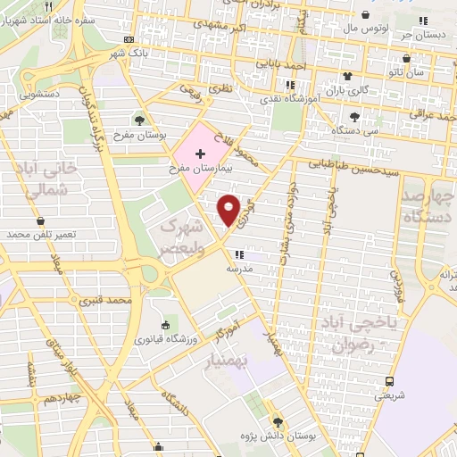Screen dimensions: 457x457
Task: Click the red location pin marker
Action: (x=228, y=209)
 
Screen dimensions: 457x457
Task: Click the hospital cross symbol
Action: (x=199, y=154)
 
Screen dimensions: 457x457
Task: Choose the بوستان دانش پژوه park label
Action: (x=277, y=435)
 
